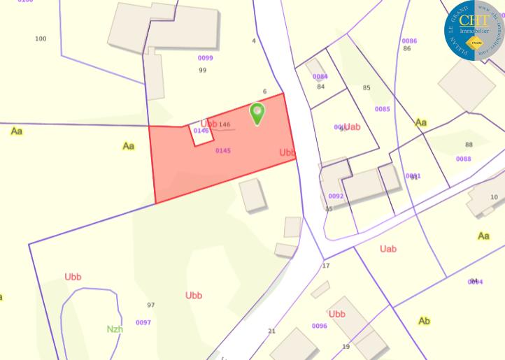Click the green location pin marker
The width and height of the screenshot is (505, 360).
coord(257,113)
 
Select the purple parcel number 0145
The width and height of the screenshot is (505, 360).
coord(223,150)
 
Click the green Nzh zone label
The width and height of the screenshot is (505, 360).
coord(115,328)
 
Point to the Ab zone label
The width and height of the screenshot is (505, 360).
coord(424,321)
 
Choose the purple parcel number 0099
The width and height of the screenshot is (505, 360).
coord(205,58)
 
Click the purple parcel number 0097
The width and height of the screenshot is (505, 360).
coord(143,322)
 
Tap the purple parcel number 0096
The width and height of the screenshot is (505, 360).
coord(319,326)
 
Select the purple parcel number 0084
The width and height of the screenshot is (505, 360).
coord(320,77)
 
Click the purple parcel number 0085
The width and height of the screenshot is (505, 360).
coord(382,109)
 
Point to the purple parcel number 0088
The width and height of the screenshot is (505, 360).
coord(463,159)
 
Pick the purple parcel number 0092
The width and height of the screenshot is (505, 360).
coord(336,196)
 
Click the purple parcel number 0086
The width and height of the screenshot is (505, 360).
coord(409,41)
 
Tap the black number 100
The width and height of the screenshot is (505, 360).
coord(41,38)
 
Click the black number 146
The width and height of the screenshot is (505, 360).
coord(225,124)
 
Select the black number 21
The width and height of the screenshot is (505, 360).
coord(271,331)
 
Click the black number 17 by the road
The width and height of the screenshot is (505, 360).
coord(326,266)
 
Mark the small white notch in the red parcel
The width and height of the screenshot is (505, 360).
coord(201,136)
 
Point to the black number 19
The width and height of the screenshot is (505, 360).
coord(346,347)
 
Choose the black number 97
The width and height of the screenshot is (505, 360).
coord(151,305)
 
